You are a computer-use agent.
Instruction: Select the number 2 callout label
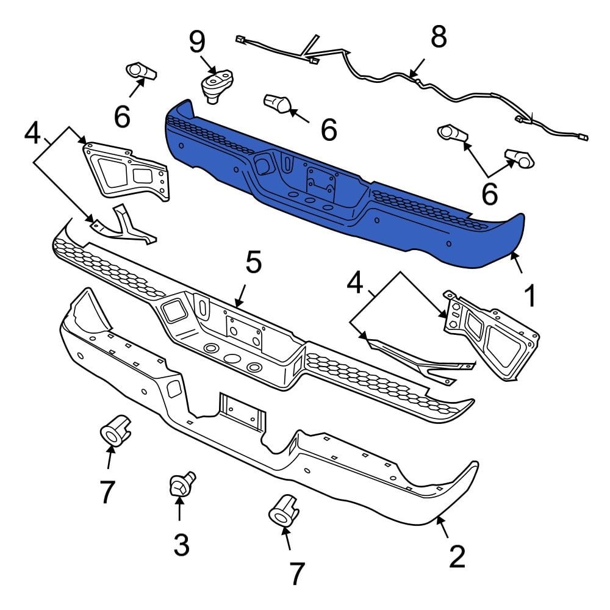click(x=457, y=556)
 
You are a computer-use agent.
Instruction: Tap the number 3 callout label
click(x=181, y=545)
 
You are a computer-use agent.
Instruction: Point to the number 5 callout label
click(x=253, y=262)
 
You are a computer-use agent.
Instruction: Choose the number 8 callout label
click(x=438, y=38)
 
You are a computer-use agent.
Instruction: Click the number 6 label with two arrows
click(x=489, y=194)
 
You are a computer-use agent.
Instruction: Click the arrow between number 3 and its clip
click(x=179, y=509)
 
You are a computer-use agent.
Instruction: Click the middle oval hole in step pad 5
click(x=232, y=359)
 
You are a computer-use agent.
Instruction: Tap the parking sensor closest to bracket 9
click(x=277, y=104)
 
